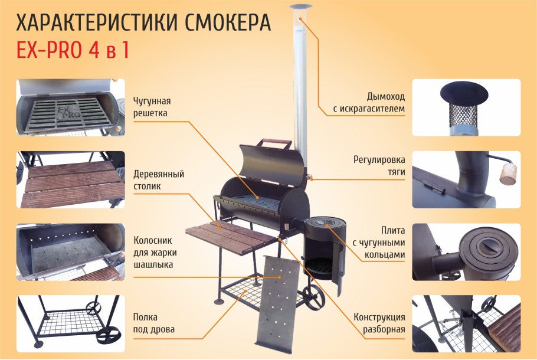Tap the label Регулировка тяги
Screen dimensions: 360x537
[x=379, y=165]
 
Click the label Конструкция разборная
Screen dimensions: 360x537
[x=379, y=323]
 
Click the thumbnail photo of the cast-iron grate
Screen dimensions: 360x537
[x=71, y=107]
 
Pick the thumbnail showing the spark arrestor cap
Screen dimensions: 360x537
[x=466, y=107]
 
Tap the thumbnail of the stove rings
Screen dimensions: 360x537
[x=466, y=252]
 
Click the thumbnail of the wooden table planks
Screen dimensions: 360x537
[x=71, y=180]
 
